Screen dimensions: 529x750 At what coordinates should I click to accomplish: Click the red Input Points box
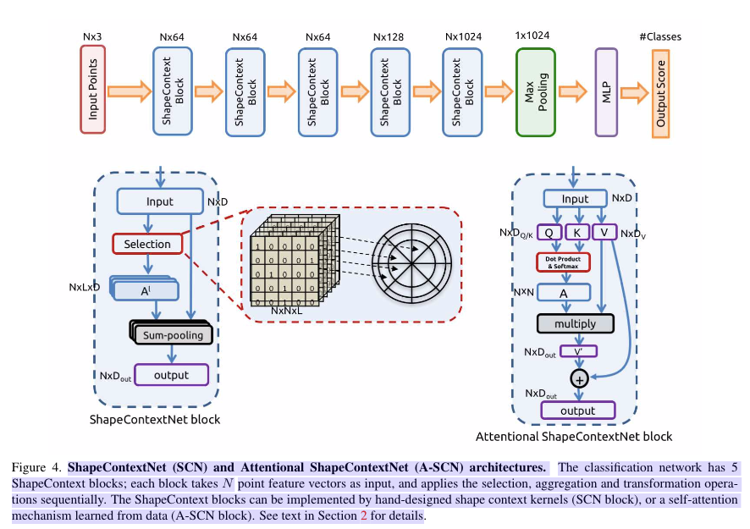click(93, 91)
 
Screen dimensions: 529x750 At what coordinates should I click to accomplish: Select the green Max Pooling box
click(537, 91)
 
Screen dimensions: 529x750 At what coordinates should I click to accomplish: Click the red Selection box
click(146, 244)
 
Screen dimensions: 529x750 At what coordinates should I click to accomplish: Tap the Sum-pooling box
click(173, 335)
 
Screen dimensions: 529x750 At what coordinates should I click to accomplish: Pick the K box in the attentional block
click(576, 232)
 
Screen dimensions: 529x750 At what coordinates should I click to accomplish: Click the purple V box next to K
click(604, 232)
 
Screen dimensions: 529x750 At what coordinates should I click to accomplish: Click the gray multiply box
click(576, 323)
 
